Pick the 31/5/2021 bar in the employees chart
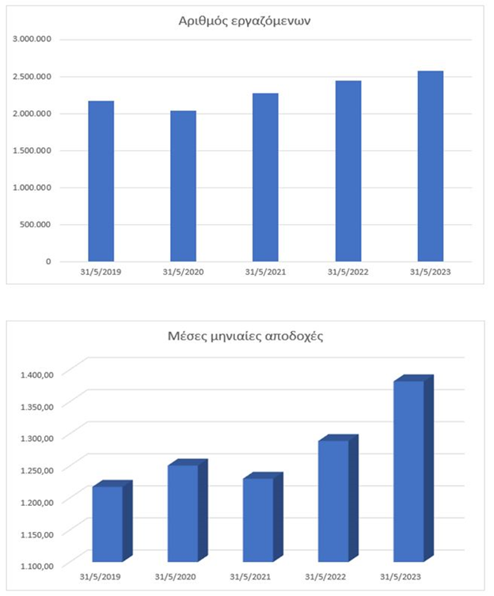(x=265, y=177)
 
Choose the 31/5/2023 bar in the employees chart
(x=431, y=165)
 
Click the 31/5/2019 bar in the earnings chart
(x=107, y=523)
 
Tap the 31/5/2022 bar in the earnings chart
(x=333, y=500)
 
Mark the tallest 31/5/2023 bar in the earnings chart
(x=408, y=471)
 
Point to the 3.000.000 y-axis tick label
(x=32, y=39)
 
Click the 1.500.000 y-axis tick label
(x=32, y=150)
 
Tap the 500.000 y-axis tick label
(x=36, y=224)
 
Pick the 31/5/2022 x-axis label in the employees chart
(x=348, y=271)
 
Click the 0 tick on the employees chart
(x=48, y=260)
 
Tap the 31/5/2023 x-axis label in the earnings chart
(x=401, y=577)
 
